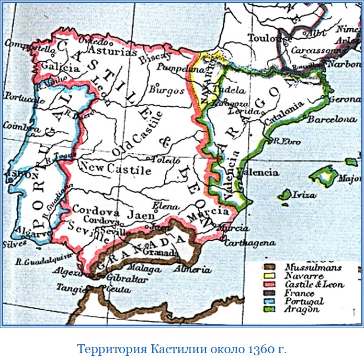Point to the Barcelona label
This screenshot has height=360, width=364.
(332, 119)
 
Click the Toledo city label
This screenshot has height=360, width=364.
(163, 156)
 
